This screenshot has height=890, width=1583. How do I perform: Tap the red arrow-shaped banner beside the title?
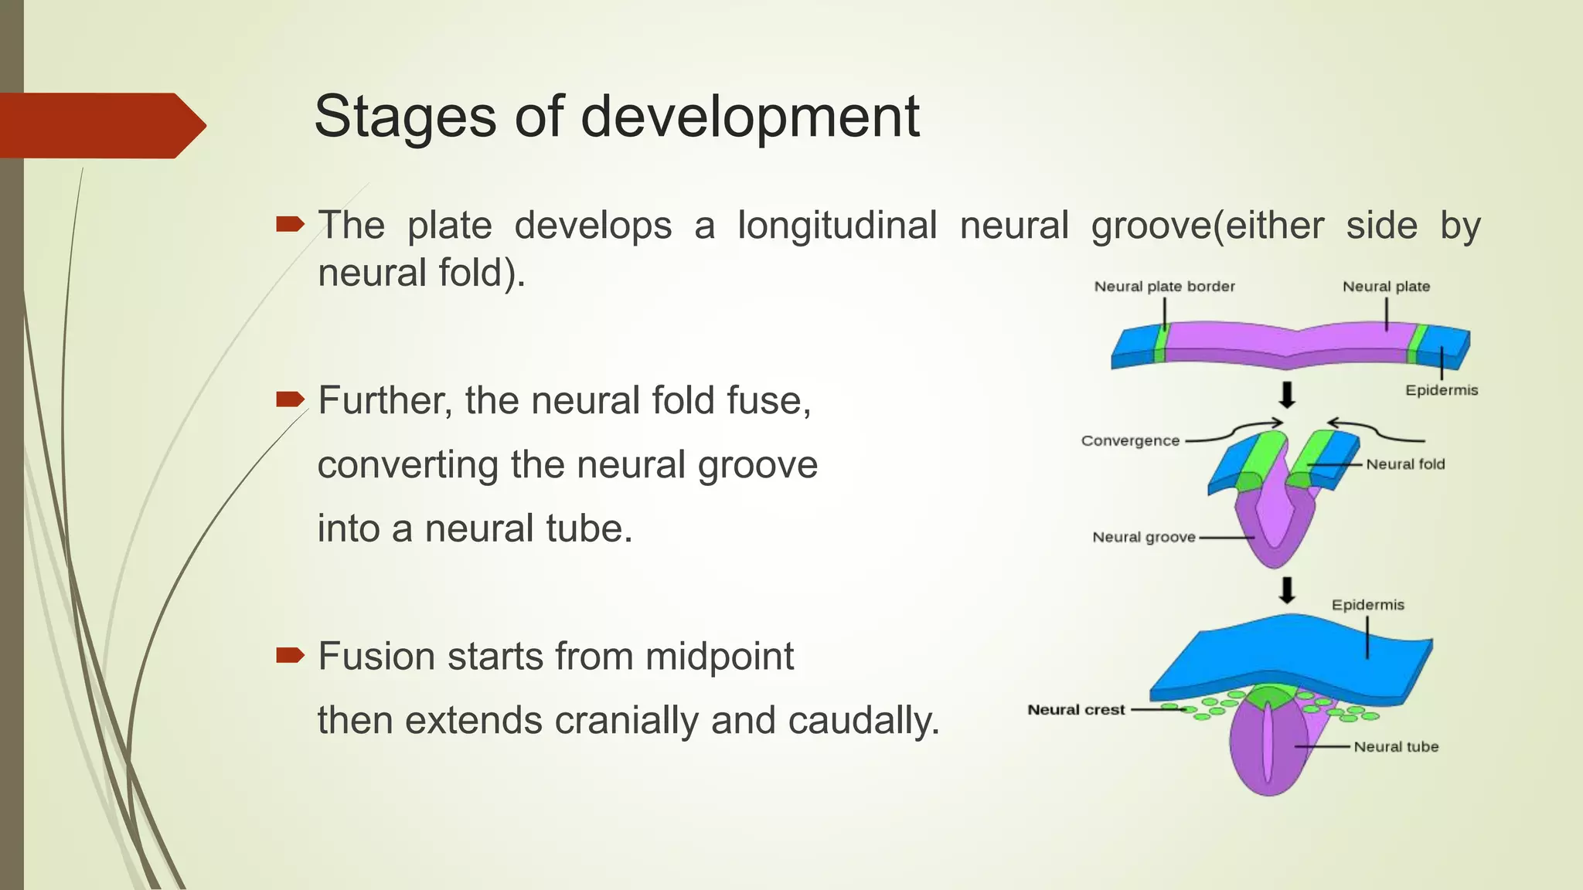100,125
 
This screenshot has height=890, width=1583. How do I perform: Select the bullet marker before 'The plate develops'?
291,225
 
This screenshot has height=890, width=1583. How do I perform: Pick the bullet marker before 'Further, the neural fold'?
291,399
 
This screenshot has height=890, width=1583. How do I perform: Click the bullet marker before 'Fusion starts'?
291,656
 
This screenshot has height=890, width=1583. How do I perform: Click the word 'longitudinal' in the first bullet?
836,226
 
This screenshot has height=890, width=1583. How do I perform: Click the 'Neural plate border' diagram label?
1164,287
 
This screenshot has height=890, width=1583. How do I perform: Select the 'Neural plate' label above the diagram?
1386,287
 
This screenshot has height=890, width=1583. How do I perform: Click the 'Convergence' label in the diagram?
1130,441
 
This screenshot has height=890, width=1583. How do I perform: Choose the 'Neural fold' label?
1405,464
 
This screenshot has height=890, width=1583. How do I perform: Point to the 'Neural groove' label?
1143,537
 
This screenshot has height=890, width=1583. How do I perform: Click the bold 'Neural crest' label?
1076,710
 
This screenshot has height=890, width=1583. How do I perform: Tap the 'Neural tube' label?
1396,747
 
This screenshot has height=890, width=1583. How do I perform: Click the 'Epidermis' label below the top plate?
1442,390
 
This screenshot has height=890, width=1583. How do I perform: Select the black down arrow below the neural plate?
1287,395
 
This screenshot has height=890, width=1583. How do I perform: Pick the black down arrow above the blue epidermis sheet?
1287,590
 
